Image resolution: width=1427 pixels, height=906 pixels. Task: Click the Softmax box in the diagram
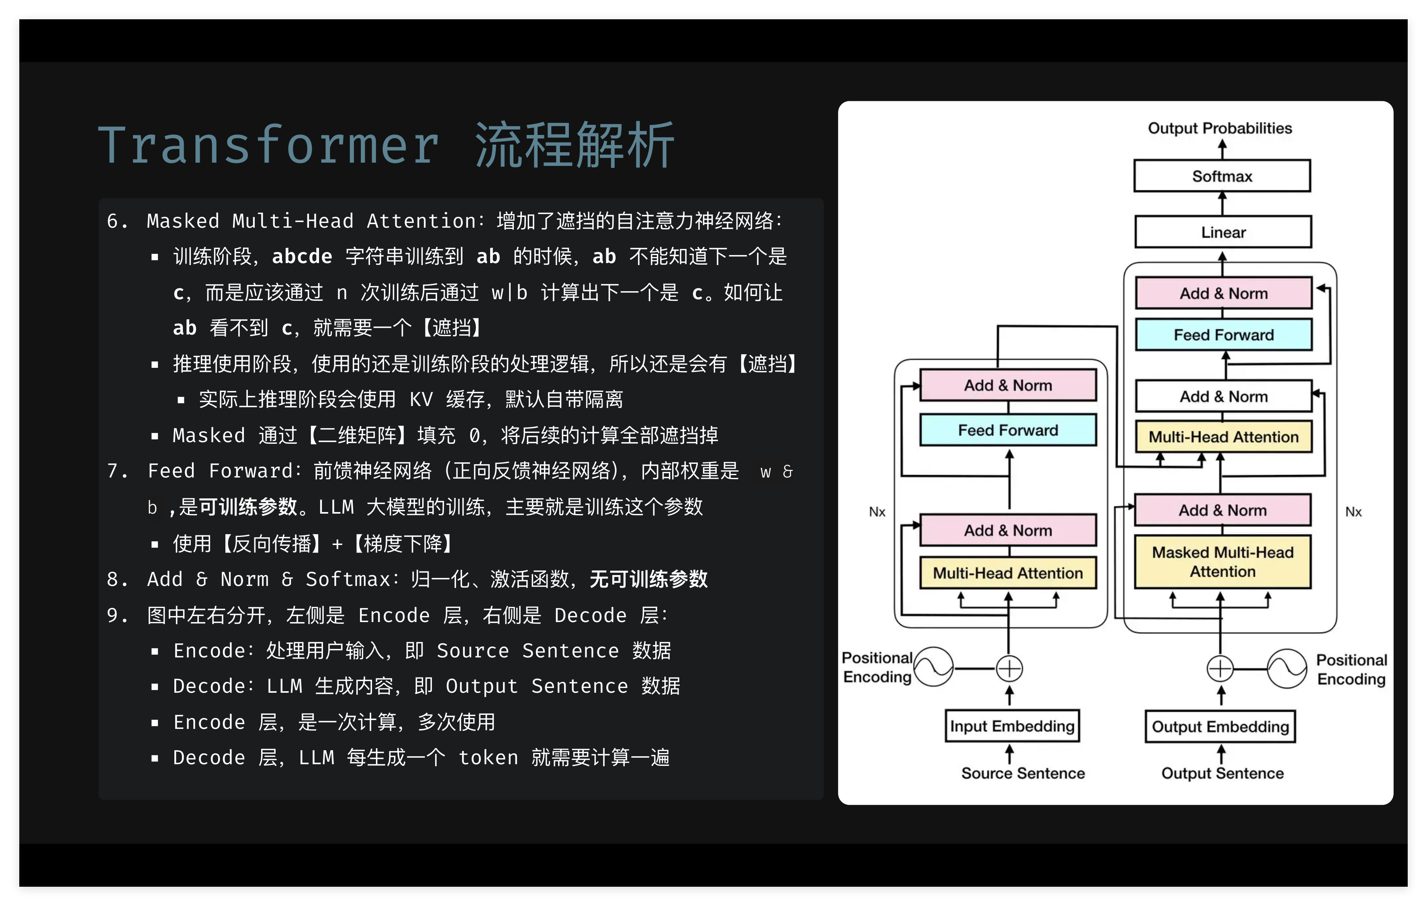(x=1222, y=176)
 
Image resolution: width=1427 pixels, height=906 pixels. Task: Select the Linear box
(x=1223, y=232)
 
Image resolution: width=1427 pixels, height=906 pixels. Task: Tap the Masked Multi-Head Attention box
(x=1223, y=562)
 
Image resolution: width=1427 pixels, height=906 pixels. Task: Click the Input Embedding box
(x=1012, y=726)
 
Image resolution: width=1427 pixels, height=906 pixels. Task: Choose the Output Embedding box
(x=1220, y=726)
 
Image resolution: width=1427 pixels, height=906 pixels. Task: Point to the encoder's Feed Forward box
(x=1008, y=430)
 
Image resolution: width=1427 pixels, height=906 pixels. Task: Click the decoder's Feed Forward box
(x=1224, y=335)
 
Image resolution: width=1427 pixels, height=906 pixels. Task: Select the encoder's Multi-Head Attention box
(x=1008, y=573)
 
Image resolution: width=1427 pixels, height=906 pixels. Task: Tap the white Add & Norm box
(x=1224, y=396)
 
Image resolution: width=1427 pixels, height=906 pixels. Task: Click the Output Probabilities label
(x=1220, y=128)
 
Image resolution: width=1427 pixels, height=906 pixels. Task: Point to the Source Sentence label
(x=1023, y=773)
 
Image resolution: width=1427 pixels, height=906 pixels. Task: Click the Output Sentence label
(x=1222, y=773)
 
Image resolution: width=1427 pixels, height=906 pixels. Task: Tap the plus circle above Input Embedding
(x=1009, y=668)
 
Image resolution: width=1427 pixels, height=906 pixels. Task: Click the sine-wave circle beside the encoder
(x=933, y=667)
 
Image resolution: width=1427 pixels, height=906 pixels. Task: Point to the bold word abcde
(x=302, y=257)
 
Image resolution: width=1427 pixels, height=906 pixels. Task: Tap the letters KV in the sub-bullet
(x=421, y=399)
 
